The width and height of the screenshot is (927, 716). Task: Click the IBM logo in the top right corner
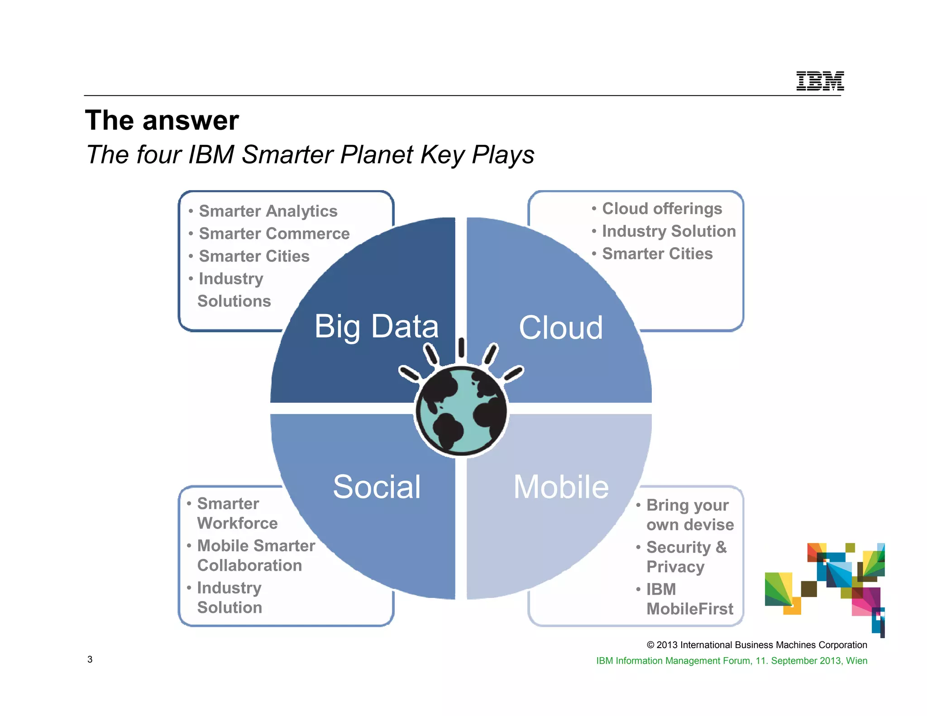[820, 81]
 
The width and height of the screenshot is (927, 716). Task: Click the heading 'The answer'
[162, 120]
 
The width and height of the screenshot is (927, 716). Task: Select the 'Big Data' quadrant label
[376, 326]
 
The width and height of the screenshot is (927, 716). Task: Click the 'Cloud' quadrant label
[560, 328]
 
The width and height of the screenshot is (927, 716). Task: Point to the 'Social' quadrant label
[377, 487]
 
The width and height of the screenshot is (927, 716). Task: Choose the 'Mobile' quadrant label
[561, 487]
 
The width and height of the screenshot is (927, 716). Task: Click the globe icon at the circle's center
[461, 410]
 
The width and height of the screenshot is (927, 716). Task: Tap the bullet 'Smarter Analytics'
[268, 211]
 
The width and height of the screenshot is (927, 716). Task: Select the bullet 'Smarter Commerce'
[274, 234]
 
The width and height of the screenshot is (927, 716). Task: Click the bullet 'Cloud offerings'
[662, 209]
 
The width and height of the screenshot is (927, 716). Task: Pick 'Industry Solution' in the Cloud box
[669, 231]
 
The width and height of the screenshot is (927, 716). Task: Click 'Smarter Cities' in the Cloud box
[657, 254]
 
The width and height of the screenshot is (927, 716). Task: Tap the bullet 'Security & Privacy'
[686, 557]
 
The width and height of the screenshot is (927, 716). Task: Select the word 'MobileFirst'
[689, 609]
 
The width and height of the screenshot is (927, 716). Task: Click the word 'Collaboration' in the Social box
[249, 565]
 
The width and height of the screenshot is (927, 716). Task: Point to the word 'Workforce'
[237, 523]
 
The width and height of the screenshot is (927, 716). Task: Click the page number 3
[90, 659]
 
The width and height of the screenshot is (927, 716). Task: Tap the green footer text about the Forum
[731, 661]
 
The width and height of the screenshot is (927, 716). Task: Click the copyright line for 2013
[756, 645]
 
